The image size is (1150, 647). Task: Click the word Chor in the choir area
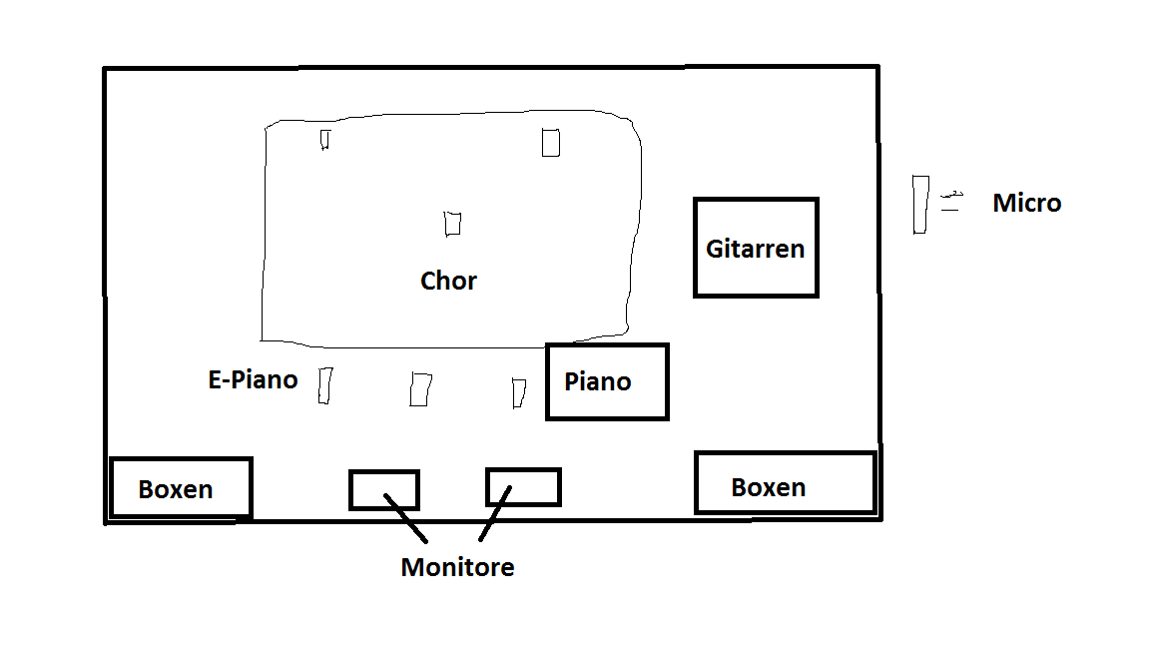click(x=448, y=281)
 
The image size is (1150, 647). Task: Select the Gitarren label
click(x=755, y=249)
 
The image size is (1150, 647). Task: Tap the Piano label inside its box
click(x=597, y=381)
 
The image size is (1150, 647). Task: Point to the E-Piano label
click(x=253, y=379)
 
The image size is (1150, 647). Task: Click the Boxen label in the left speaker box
click(x=176, y=489)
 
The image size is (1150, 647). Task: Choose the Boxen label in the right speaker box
click(x=768, y=487)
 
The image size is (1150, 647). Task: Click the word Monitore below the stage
click(x=457, y=567)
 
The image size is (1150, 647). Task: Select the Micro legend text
click(x=1027, y=203)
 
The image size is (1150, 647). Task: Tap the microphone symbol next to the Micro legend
click(x=920, y=205)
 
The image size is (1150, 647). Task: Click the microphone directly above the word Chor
click(x=452, y=224)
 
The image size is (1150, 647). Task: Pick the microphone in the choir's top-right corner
click(x=551, y=143)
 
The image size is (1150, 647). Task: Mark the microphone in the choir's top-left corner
click(x=324, y=140)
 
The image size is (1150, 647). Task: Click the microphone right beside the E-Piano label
click(x=324, y=385)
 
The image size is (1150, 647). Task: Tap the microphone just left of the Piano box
click(x=518, y=393)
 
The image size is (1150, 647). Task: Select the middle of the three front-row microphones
click(x=420, y=389)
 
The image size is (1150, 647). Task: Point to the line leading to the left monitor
click(x=405, y=518)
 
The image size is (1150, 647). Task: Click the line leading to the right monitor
click(x=495, y=513)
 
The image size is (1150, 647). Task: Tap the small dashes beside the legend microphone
click(x=951, y=201)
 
